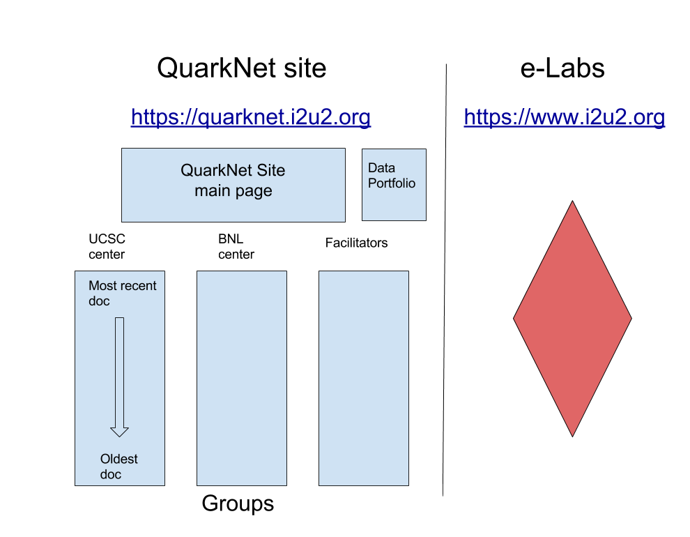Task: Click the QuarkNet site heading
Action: [x=242, y=68]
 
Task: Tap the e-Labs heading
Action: [x=562, y=68]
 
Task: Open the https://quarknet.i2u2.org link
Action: [x=251, y=117]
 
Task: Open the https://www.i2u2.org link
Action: [x=564, y=117]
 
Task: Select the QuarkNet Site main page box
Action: [x=233, y=185]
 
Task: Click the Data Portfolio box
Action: [x=394, y=184]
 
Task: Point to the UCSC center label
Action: [x=107, y=246]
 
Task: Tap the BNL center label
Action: [x=236, y=246]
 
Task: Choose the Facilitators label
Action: [x=356, y=243]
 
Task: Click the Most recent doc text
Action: [x=123, y=293]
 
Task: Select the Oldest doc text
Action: [x=118, y=467]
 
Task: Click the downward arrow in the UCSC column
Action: [x=119, y=377]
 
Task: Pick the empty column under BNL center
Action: [x=242, y=378]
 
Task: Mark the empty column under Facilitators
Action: [x=364, y=378]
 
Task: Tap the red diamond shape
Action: [x=572, y=319]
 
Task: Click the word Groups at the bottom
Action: [x=238, y=504]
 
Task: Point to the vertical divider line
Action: [x=445, y=280]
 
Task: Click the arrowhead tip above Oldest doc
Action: [x=119, y=437]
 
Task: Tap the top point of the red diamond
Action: [x=572, y=201]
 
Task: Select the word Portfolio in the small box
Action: [x=392, y=183]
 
